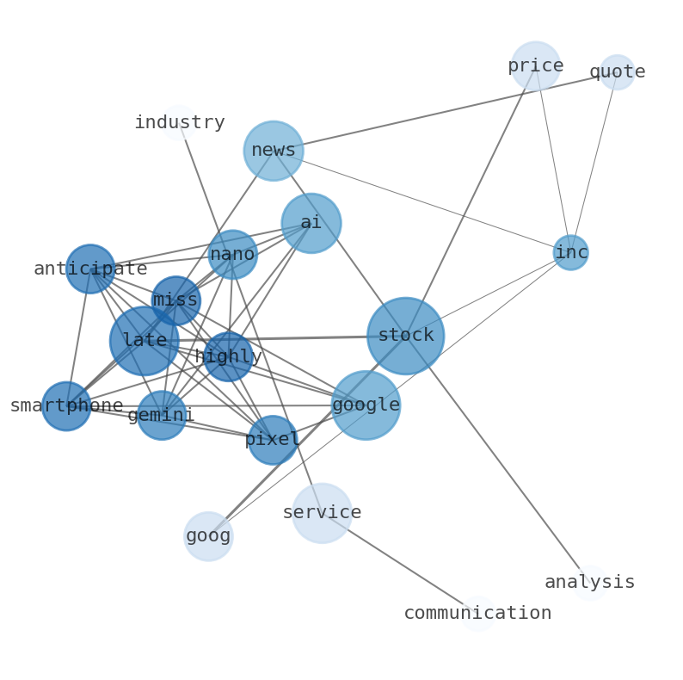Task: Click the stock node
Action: pos(405,336)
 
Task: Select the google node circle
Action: pos(366,405)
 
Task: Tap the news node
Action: pos(274,151)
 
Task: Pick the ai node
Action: pos(311,223)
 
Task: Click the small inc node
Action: pos(570,253)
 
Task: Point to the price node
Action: pos(536,66)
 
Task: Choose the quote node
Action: pos(617,72)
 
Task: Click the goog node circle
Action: pos(208,536)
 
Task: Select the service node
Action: pos(322,513)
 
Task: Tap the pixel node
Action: pos(273,440)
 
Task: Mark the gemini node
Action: pos(162,416)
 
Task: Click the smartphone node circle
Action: pos(66,406)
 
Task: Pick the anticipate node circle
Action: pos(90,269)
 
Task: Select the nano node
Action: pos(232,255)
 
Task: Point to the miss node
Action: pos(175,300)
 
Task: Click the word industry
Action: pos(179,123)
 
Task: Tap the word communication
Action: pos(477,614)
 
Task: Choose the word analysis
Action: pos(589,583)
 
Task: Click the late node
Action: pos(145,341)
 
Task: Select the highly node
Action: pos(228,356)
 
